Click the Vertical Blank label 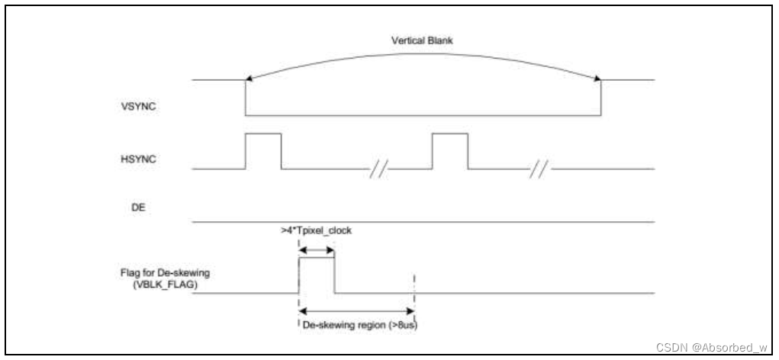[423, 41]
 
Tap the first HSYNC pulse [262, 149]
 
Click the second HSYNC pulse [450, 149]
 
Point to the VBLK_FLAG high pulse [316, 275]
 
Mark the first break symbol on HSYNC [376, 167]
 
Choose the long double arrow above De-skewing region [356, 310]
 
